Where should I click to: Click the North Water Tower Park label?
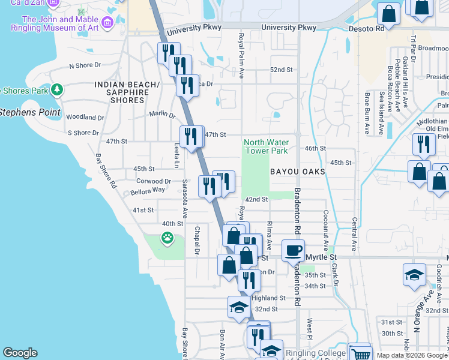[x=266, y=147]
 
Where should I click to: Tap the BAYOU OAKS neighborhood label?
[x=297, y=172]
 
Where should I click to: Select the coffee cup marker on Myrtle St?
[x=293, y=251]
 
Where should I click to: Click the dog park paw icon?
[x=166, y=238]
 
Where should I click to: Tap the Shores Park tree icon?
[x=57, y=90]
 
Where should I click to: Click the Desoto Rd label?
[x=372, y=28]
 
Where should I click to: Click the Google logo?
[x=20, y=353]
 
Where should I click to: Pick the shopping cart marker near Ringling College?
[x=360, y=354]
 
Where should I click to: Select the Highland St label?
[x=268, y=298]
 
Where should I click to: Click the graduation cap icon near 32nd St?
[x=239, y=308]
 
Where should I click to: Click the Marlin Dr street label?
[x=162, y=115]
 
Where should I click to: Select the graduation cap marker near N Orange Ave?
[x=415, y=275]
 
